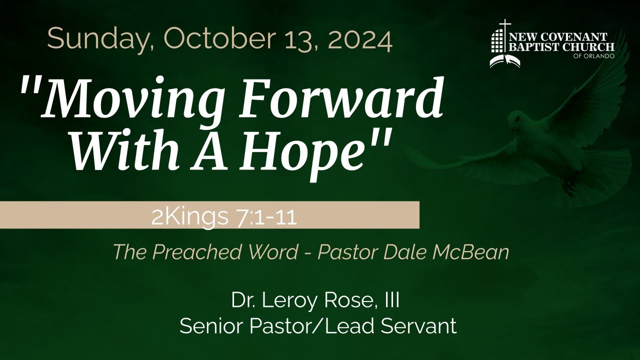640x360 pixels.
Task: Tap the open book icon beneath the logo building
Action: (x=504, y=61)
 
